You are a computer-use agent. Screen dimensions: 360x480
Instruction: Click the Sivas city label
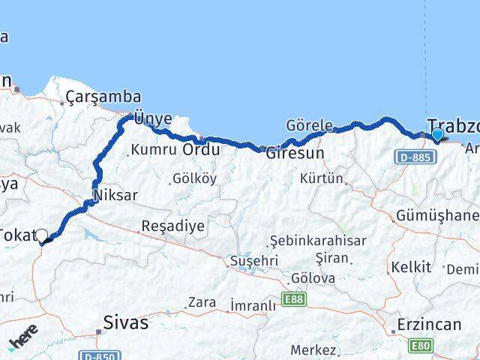tap(126, 323)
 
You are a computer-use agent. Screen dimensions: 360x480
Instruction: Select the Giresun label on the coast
tap(295, 153)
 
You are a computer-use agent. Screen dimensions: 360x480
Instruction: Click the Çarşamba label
tap(103, 96)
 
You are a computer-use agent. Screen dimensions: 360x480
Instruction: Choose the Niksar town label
tap(115, 195)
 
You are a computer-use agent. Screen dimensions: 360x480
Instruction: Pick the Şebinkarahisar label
tap(318, 240)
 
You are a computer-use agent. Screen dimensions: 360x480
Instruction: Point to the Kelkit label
tap(411, 266)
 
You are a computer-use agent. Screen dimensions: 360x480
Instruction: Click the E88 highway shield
tap(295, 300)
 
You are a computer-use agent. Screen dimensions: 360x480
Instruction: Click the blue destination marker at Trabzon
tap(437, 135)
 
